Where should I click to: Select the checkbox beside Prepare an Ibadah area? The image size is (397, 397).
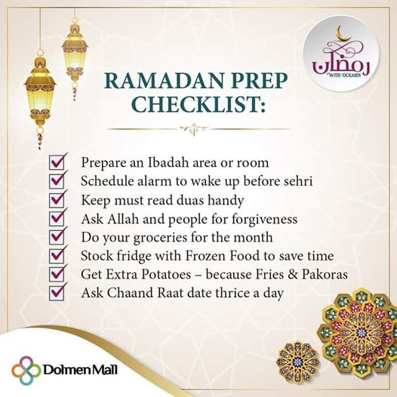[57, 162]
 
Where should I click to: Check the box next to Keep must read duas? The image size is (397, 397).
[57, 200]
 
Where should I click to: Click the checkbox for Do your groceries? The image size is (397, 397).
[57, 237]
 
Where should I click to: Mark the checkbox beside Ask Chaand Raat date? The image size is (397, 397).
[57, 293]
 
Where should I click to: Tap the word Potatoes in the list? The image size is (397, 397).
[166, 275]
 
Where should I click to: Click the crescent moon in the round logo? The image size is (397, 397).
[343, 34]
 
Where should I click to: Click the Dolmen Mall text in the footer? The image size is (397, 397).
[80, 370]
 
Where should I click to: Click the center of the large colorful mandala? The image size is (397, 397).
[361, 333]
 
